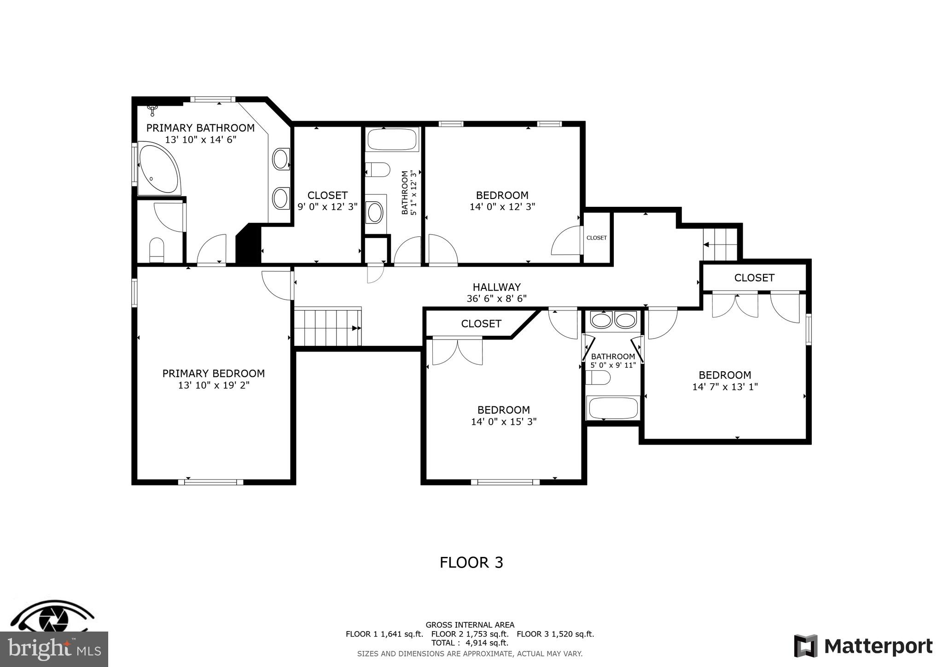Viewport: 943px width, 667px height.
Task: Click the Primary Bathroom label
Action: click(200, 128)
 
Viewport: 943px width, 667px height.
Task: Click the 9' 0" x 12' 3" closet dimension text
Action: click(327, 207)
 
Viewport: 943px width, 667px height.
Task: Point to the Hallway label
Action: click(496, 287)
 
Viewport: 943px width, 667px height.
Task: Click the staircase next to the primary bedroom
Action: click(327, 327)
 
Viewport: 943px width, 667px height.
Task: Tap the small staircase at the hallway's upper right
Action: click(720, 244)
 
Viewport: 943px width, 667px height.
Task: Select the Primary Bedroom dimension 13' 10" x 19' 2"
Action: click(214, 385)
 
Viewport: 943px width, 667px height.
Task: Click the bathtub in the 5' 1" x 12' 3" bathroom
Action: click(392, 139)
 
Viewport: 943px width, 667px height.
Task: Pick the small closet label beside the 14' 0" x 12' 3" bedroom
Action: click(596, 238)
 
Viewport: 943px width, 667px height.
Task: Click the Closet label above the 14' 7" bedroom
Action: click(754, 278)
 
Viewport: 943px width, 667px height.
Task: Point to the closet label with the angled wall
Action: click(481, 324)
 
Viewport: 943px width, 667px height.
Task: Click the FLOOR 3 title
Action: click(471, 562)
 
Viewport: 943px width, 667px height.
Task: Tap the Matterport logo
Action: click(863, 646)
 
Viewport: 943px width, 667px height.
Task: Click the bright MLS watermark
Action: click(54, 649)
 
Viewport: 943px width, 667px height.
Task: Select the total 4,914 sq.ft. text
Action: click(470, 643)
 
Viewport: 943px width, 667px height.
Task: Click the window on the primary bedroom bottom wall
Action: click(210, 482)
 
